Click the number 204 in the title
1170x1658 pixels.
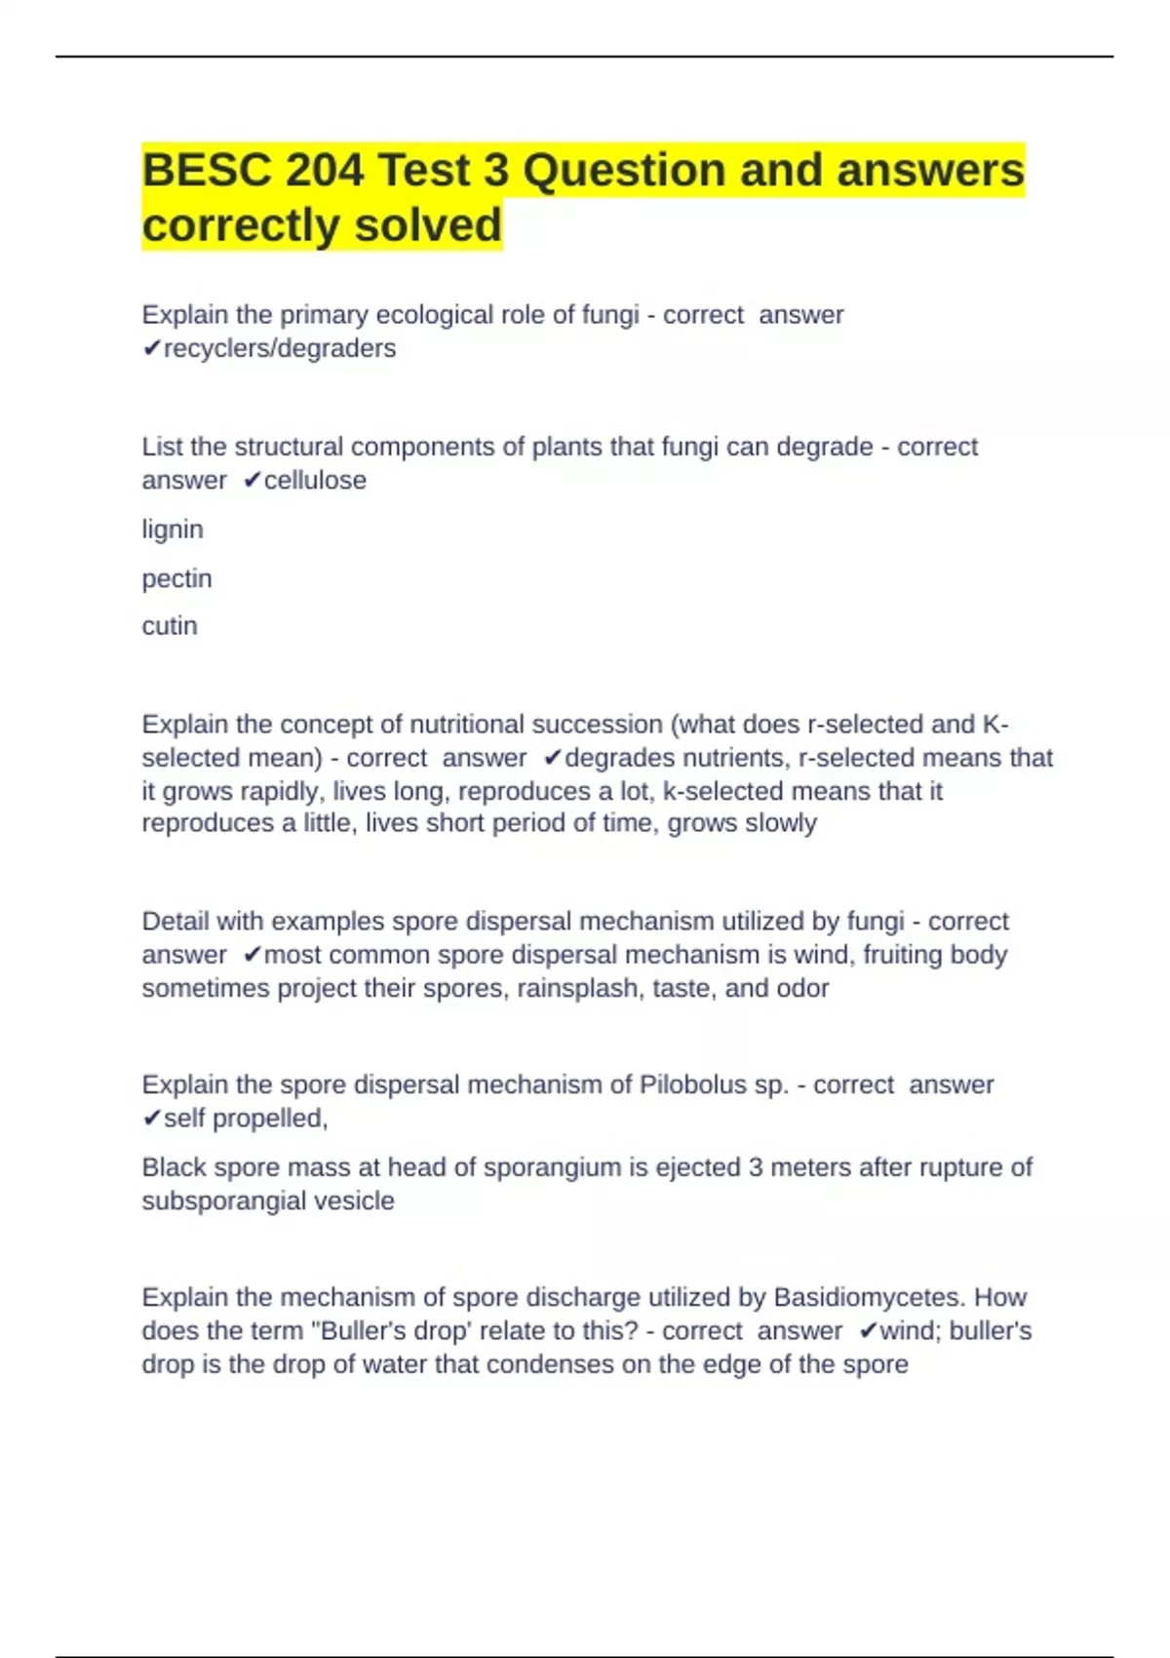click(324, 171)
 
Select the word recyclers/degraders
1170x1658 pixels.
click(280, 348)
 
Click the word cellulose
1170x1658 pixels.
click(315, 480)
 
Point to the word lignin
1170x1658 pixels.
click(173, 530)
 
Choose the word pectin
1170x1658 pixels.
click(176, 578)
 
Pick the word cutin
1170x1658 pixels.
click(170, 625)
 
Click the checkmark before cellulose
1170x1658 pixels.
click(252, 480)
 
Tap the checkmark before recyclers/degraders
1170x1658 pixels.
click(151, 348)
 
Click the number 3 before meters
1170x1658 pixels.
click(756, 1167)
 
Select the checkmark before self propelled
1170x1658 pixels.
click(151, 1118)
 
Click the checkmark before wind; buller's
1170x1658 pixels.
click(868, 1330)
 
